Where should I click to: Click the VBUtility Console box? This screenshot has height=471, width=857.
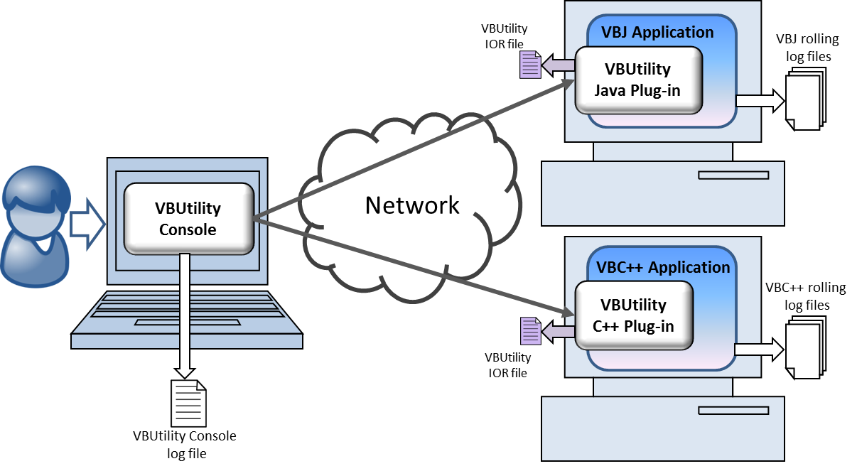coord(188,219)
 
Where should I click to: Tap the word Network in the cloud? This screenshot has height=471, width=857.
coord(412,205)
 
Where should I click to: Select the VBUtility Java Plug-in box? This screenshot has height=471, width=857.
coord(637,80)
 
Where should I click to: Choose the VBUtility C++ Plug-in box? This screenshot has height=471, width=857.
coord(633,315)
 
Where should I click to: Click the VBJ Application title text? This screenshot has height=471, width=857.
coord(657,32)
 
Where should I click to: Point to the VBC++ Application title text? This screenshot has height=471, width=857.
coord(663,267)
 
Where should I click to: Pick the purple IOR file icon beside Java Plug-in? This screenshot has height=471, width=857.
coord(530,65)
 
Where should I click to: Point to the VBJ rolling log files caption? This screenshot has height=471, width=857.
coord(809,48)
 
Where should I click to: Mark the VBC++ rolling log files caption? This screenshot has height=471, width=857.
coord(805,296)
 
